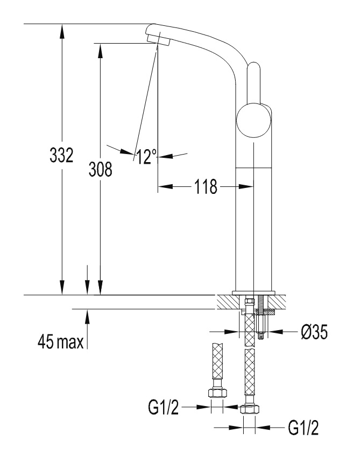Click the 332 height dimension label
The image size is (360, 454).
(61, 155)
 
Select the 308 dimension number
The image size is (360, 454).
(101, 169)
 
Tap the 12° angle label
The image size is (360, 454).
(146, 157)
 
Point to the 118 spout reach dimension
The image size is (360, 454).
(206, 186)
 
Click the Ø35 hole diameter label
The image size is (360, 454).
(314, 332)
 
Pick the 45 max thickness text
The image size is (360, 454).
(60, 341)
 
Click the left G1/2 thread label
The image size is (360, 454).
(163, 407)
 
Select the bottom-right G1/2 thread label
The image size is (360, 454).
(303, 428)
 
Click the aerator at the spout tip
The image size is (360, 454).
(158, 39)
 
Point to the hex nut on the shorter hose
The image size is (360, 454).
(217, 393)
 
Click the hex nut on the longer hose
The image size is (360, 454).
(250, 409)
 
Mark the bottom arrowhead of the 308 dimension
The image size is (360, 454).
(100, 288)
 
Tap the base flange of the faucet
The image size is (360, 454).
(253, 292)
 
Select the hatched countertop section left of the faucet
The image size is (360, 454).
(228, 302)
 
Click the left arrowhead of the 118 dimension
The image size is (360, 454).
(166, 186)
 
